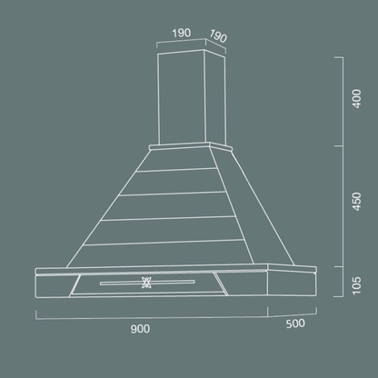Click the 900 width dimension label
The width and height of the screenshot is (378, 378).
pyautogui.click(x=139, y=328)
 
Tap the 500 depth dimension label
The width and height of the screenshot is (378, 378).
pyautogui.click(x=294, y=323)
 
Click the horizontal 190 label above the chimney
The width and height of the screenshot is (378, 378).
pyautogui.click(x=180, y=33)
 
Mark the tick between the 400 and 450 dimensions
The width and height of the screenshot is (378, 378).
pyautogui.click(x=341, y=146)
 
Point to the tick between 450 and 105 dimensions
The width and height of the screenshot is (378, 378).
pyautogui.click(x=341, y=265)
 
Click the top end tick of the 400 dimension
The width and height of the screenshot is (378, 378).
pyautogui.click(x=341, y=57)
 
